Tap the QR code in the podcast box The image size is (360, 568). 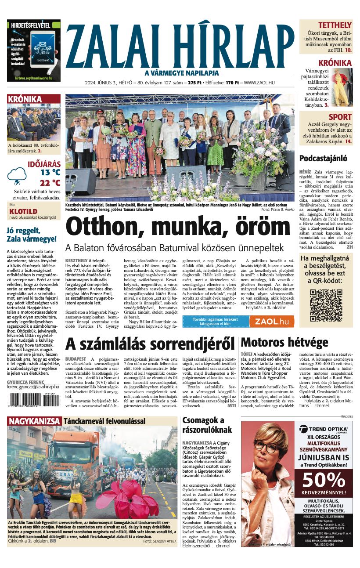pyautogui.click(x=326, y=305)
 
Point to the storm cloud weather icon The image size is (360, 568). pyautogui.click(x=19, y=176)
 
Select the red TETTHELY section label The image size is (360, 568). pyautogui.click(x=335, y=25)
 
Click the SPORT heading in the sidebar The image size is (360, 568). pyautogui.click(x=340, y=117)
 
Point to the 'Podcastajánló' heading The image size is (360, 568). pyautogui.click(x=323, y=158)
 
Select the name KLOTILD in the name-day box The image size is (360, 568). pyautogui.click(x=23, y=211)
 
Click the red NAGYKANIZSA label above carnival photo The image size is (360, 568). pyautogui.click(x=34, y=421)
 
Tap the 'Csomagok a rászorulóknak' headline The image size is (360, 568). pyautogui.click(x=203, y=426)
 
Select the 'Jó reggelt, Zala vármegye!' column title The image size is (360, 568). pyautogui.click(x=32, y=235)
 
